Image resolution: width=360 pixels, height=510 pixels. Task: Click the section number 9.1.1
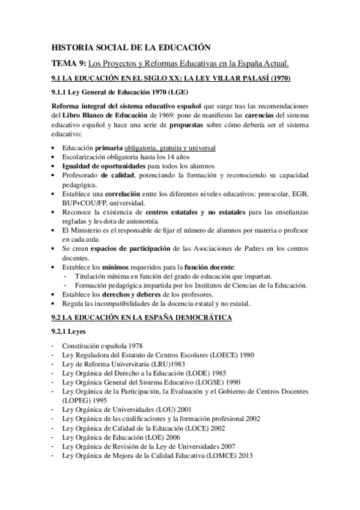click(61, 93)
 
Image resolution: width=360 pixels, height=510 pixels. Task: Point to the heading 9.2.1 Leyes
click(70, 331)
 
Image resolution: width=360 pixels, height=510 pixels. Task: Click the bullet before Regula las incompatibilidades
click(55, 304)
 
